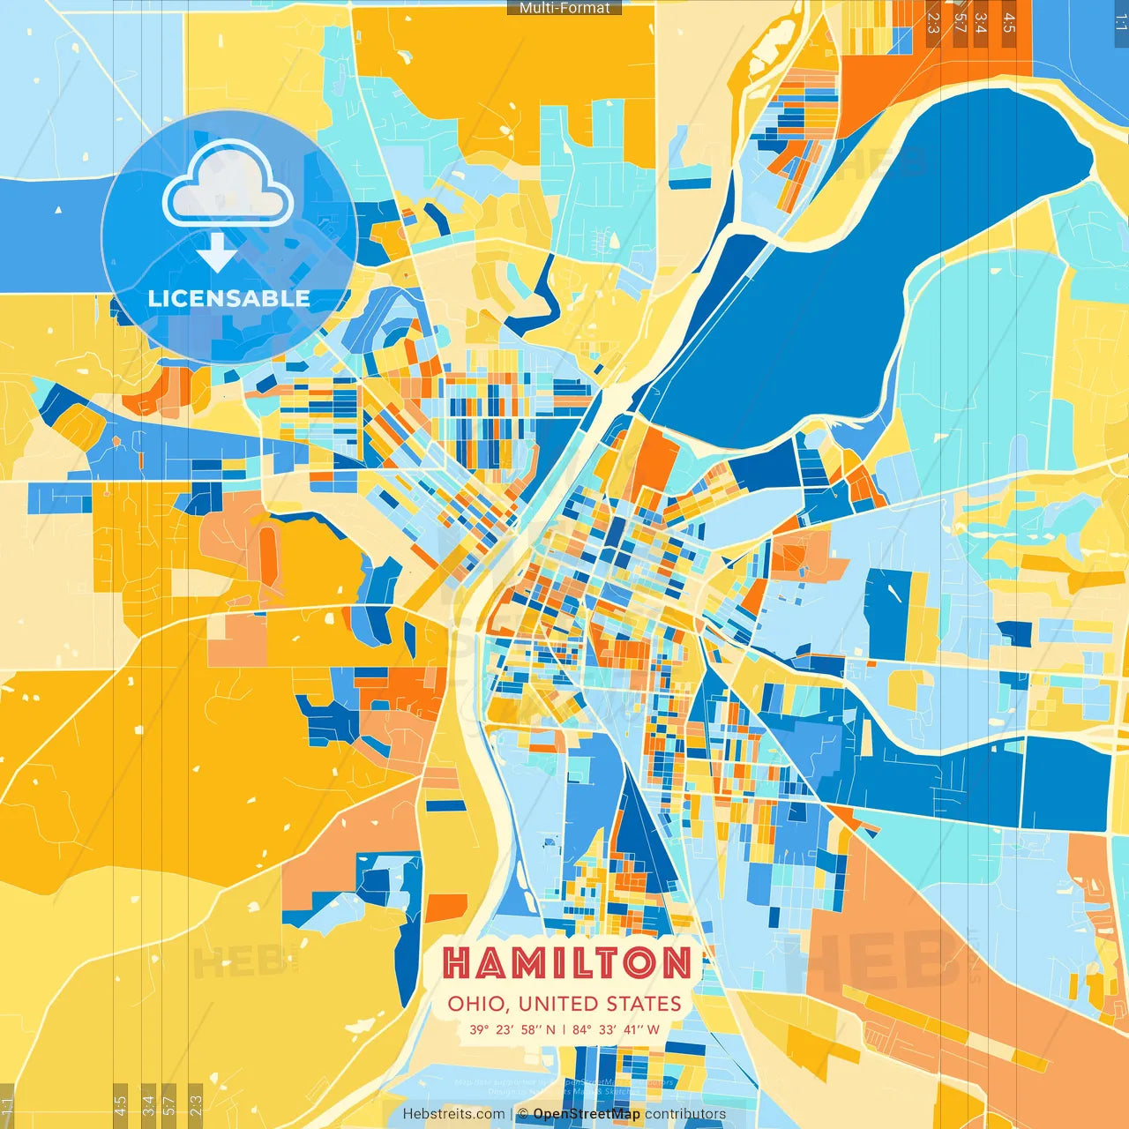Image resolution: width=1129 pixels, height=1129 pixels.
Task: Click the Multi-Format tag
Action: (564, 8)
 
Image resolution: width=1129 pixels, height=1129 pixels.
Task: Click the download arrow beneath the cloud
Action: (217, 252)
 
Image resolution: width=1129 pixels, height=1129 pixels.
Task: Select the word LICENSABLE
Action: (229, 299)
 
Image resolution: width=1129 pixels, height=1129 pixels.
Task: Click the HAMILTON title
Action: (567, 963)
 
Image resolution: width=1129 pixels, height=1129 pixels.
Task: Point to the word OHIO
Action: (476, 1004)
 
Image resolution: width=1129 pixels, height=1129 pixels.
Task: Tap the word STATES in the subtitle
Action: (645, 1004)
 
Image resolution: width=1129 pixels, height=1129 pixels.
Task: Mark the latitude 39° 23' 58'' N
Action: (512, 1029)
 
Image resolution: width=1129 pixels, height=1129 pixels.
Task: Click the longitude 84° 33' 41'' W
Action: (616, 1029)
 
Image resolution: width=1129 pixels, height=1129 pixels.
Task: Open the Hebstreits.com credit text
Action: (453, 1114)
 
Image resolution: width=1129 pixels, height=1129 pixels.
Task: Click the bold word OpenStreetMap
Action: (587, 1114)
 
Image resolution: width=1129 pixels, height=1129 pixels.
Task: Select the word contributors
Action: (685, 1114)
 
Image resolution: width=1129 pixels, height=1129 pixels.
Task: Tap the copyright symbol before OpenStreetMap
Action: (523, 1114)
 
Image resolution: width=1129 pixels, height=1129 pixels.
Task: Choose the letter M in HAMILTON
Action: (532, 963)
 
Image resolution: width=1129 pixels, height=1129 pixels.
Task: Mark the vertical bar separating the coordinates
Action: (564, 1029)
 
